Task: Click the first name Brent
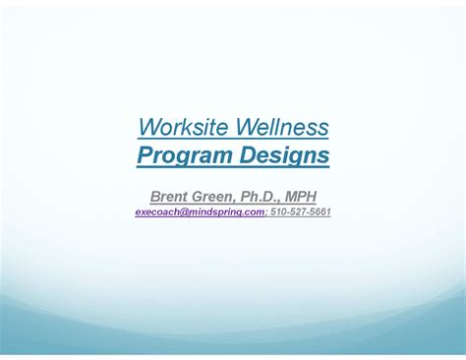[172, 197]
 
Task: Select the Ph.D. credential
[271, 197]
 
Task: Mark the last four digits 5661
[320, 211]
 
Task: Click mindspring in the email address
[215, 211]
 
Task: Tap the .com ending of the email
[255, 211]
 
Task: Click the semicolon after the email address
[265, 212]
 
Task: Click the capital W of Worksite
[147, 127]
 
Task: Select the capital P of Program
[143, 154]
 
